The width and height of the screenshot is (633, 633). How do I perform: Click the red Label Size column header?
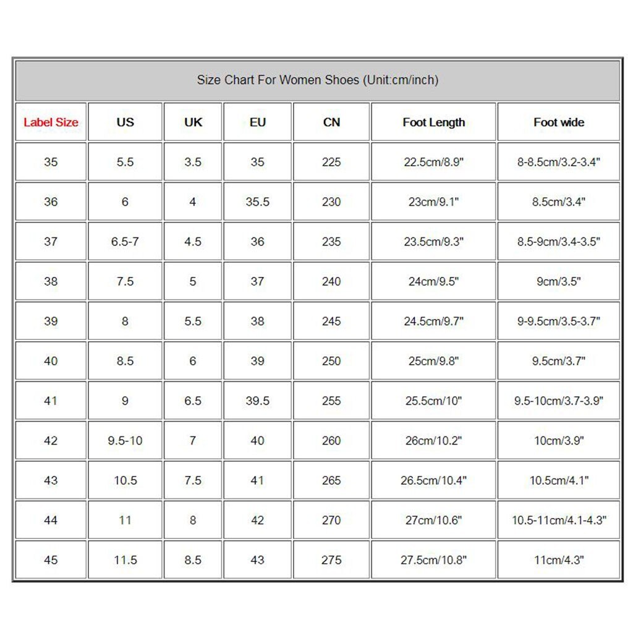(51, 122)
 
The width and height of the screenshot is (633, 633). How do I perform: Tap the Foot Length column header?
(433, 122)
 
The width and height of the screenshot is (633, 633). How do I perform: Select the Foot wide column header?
(559, 122)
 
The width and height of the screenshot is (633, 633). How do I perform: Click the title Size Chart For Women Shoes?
(318, 80)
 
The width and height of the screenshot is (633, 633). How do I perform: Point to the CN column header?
(331, 122)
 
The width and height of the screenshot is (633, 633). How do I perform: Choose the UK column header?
(193, 122)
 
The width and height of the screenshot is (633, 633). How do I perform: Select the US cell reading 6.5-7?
(125, 242)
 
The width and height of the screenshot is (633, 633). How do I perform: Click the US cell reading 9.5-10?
(125, 441)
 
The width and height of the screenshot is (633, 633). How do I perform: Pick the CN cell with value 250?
(331, 361)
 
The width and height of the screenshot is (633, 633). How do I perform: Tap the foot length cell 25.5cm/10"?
(433, 401)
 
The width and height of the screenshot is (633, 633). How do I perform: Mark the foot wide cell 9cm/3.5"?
(559, 281)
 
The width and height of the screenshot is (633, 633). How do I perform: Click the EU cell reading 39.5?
(257, 401)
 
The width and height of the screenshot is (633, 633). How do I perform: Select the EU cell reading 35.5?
(257, 202)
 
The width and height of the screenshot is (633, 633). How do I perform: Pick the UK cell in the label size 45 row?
(193, 560)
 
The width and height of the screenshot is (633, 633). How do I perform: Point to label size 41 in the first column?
(51, 401)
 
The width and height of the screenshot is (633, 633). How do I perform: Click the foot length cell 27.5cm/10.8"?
(433, 560)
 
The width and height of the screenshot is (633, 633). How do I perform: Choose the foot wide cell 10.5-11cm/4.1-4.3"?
(559, 520)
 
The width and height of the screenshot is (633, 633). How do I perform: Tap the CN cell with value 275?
(331, 560)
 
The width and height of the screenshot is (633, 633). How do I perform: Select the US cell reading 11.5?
(125, 560)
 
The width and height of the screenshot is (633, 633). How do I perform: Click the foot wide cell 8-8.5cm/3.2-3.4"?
(559, 162)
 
